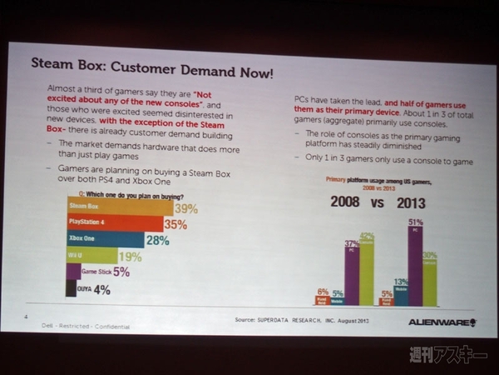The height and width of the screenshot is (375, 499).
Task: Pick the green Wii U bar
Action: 91,256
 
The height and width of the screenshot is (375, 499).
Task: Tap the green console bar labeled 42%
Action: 366,272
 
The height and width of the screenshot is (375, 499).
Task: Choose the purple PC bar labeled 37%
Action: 351,275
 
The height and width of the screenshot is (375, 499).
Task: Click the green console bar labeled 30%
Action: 429,280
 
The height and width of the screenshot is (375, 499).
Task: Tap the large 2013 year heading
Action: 417,202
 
